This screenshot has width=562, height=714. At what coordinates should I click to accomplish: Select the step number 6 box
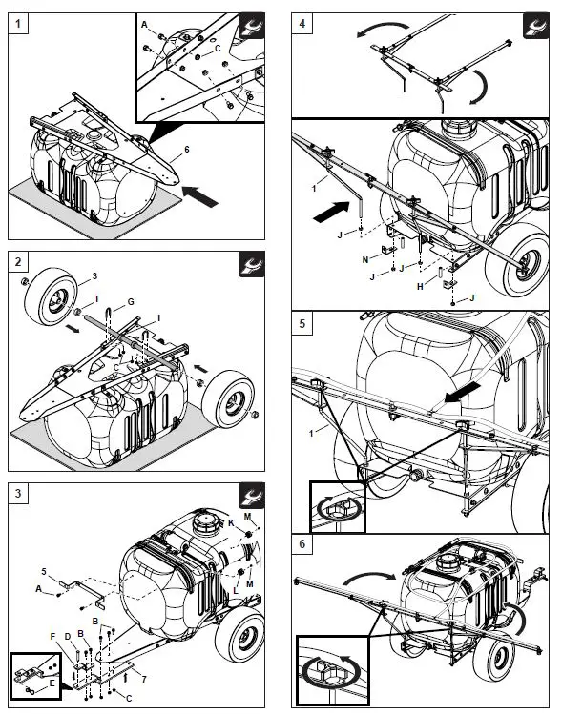pyautogui.click(x=302, y=546)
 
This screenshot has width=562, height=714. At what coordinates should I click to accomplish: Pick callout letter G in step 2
pyautogui.click(x=131, y=301)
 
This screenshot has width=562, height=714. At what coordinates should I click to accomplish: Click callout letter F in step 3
pyautogui.click(x=52, y=636)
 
